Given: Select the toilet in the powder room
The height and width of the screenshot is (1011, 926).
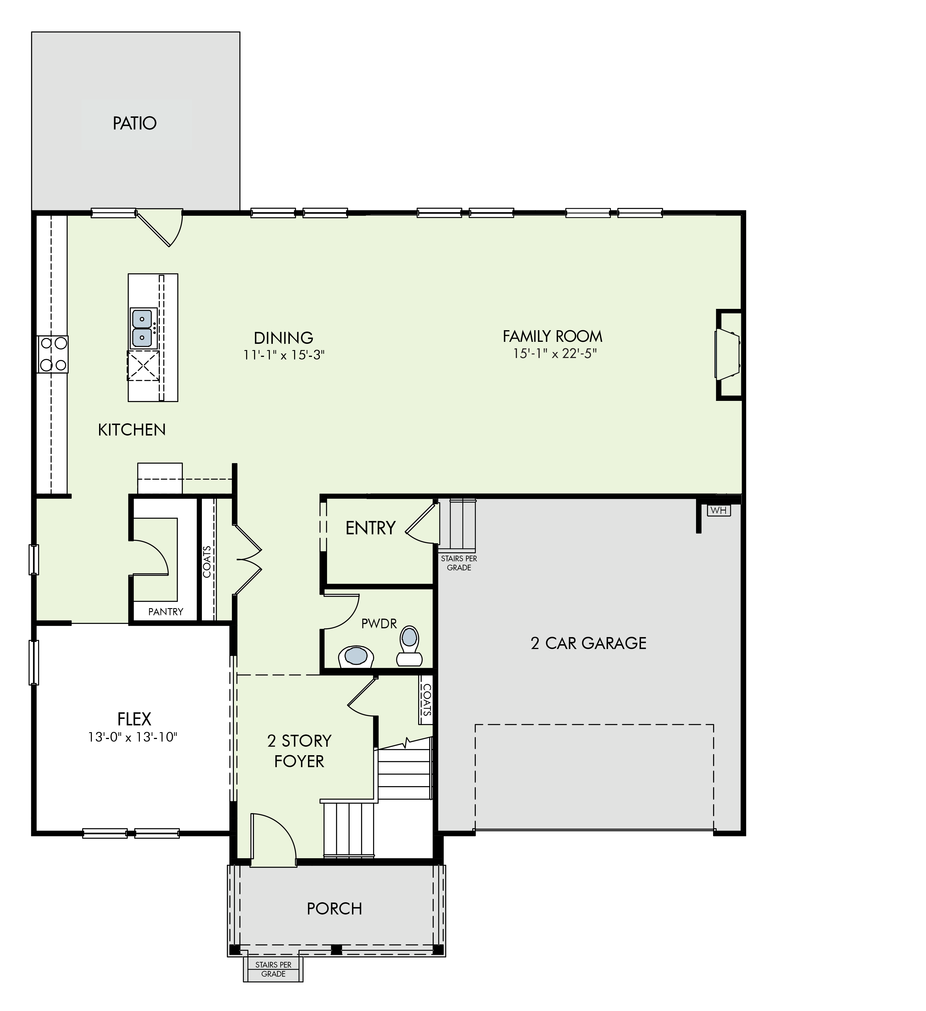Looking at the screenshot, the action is pos(410,646).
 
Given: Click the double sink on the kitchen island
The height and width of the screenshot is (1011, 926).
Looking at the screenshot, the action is pos(142,328).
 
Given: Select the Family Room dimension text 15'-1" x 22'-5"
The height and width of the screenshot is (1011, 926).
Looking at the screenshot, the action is pos(554,353).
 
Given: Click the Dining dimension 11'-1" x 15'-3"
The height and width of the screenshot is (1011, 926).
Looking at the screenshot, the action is pos(284,355).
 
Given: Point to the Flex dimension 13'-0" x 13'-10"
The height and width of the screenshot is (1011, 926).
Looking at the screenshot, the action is pos(133,737).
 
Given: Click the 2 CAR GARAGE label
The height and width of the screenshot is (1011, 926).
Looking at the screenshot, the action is pos(588,643).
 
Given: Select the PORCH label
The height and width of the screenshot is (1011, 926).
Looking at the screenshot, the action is pos(334,909).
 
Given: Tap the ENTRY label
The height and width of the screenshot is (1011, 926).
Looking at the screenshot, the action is pos(370,528).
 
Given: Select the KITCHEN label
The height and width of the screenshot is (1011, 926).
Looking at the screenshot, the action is pos(132,430).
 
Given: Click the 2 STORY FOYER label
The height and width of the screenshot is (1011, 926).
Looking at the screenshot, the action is pos(299,751).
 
